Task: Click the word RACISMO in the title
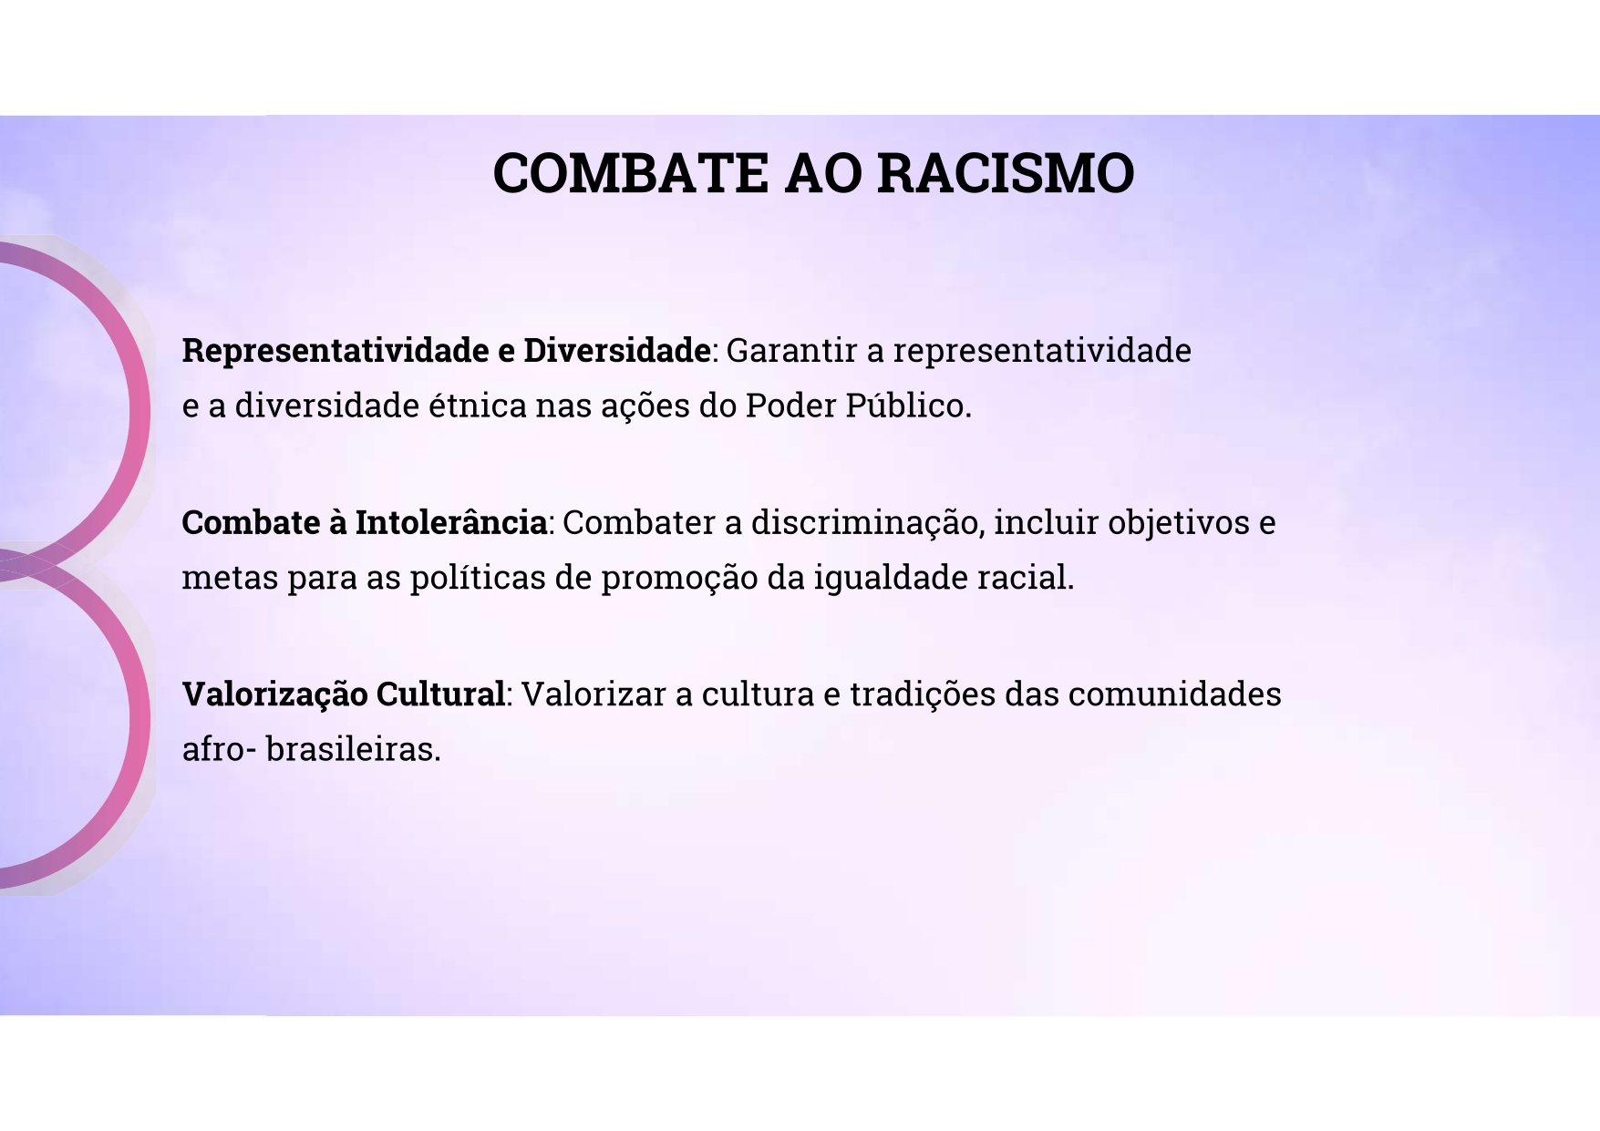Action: pyautogui.click(x=1006, y=172)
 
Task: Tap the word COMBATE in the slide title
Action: pyautogui.click(x=630, y=172)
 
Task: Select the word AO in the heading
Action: pyautogui.click(x=822, y=172)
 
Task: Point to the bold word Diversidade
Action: pyautogui.click(x=617, y=350)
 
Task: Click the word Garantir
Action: pyautogui.click(x=792, y=350)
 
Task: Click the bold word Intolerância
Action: pyautogui.click(x=451, y=522)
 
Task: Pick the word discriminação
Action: pyautogui.click(x=867, y=523)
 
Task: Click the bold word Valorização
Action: pyautogui.click(x=274, y=694)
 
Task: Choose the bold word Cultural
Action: pyautogui.click(x=440, y=694)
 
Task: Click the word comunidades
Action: pyautogui.click(x=1175, y=694)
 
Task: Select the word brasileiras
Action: pyautogui.click(x=354, y=749)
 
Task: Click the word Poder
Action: pyautogui.click(x=790, y=406)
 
